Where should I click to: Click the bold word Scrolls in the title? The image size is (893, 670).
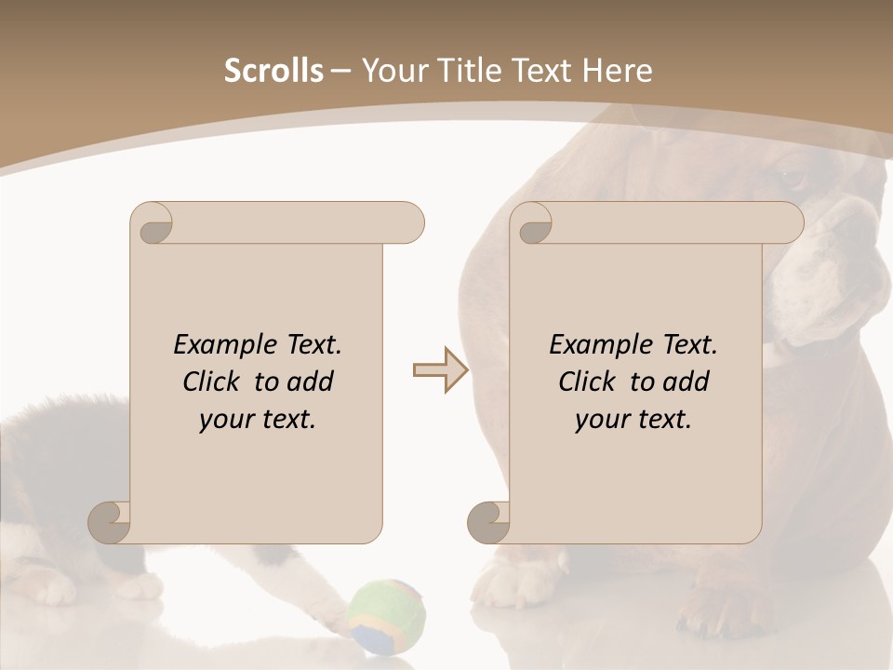coord(273,71)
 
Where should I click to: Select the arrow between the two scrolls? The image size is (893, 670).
coord(440,370)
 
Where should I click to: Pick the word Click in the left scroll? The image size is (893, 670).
coord(216,382)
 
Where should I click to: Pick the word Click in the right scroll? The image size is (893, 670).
coord(592,382)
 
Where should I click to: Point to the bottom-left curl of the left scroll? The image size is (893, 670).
coord(111,521)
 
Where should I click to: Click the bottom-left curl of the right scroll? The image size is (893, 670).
coord(489,521)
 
